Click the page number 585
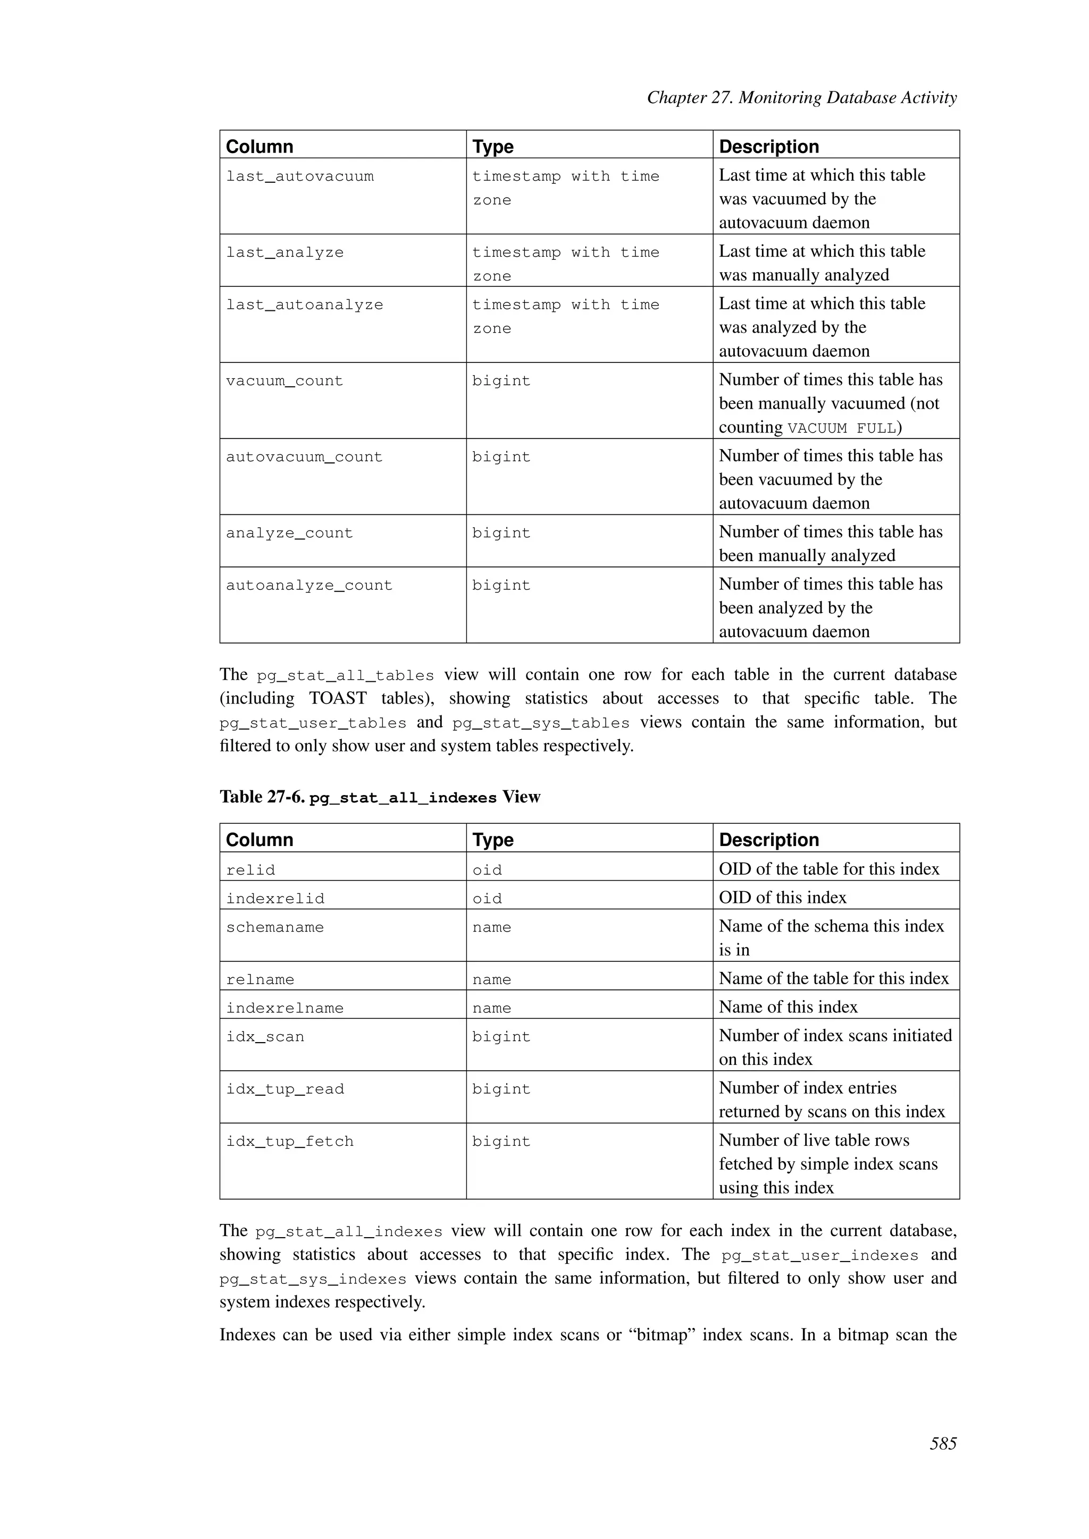(x=942, y=1443)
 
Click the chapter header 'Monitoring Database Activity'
(x=801, y=98)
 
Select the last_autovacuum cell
(x=300, y=177)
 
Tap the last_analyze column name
(x=284, y=253)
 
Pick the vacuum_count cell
(x=284, y=382)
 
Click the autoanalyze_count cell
(x=308, y=586)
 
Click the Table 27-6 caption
(x=380, y=797)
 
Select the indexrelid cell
(x=275, y=899)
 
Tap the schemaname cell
(x=275, y=928)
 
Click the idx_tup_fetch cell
(x=290, y=1141)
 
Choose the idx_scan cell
(x=265, y=1037)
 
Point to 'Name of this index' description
(x=788, y=1007)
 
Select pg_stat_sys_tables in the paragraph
(x=540, y=723)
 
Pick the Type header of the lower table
(x=492, y=840)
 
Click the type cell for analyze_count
(x=501, y=534)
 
